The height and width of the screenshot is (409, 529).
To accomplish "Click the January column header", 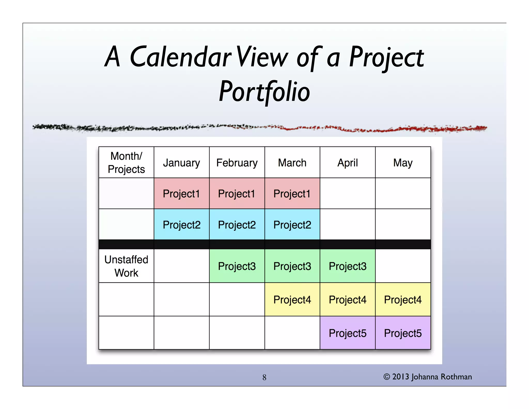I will (181, 163).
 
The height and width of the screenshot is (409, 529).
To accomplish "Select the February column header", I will (237, 163).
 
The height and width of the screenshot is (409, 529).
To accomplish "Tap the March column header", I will (292, 163).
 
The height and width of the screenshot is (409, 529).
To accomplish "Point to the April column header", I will (347, 163).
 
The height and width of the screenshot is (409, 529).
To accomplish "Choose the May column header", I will (403, 163).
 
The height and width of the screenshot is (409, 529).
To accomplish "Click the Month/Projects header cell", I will (126, 163).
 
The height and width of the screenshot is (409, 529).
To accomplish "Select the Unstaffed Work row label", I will (126, 266).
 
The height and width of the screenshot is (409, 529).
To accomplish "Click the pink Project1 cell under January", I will (181, 194).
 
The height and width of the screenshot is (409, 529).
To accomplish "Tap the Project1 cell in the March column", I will (292, 194).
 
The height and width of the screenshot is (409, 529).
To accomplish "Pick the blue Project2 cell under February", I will (237, 225).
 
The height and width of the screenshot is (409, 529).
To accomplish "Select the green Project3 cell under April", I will (347, 266).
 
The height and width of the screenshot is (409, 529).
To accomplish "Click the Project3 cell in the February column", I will (237, 266).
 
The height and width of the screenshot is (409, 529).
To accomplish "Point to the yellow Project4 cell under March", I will (292, 300).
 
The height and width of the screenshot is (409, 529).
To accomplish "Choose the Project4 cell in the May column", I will (403, 300).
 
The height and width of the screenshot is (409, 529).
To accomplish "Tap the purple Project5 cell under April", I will (347, 333).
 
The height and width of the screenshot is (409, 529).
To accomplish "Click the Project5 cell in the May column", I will (403, 333).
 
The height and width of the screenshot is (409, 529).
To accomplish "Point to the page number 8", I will (264, 377).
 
